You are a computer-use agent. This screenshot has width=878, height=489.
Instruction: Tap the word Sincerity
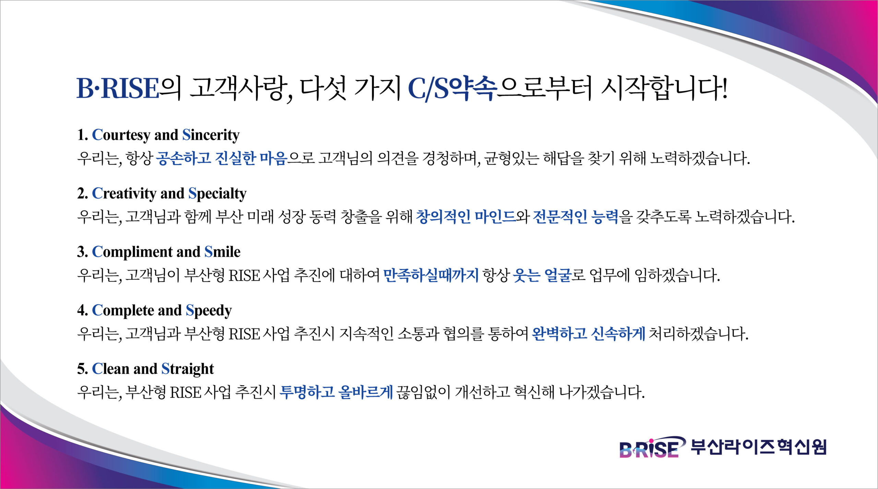(211, 135)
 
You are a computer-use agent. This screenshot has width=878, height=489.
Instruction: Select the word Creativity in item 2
(124, 194)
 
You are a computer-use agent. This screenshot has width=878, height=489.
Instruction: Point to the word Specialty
(217, 194)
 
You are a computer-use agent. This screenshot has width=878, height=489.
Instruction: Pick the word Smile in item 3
(222, 252)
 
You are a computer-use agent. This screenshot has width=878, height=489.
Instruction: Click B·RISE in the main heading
(118, 88)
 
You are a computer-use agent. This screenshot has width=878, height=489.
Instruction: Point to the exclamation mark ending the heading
(724, 88)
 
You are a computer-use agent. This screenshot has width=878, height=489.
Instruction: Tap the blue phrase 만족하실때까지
(431, 275)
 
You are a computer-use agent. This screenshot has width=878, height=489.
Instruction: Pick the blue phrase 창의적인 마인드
(466, 217)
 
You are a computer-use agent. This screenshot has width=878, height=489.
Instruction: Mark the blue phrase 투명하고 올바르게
(336, 392)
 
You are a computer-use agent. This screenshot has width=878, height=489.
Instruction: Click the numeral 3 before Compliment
(81, 252)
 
